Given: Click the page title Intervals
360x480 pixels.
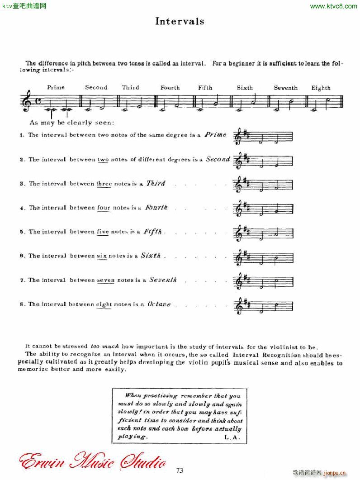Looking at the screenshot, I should point(180,21).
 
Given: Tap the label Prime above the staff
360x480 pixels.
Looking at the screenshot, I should point(56,87).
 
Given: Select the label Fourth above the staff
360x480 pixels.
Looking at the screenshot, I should point(170,88).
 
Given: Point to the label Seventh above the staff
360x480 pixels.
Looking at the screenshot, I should point(286,88).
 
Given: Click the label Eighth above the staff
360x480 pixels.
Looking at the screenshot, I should point(321,88).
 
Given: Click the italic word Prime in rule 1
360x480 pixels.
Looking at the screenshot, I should point(215,134).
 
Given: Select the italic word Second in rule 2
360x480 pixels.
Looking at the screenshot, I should point(218,159).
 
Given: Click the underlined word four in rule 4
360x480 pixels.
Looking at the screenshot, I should point(104,208).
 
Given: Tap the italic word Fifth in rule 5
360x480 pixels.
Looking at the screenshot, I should point(152,232).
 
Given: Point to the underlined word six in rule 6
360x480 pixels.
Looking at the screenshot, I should point(102,256).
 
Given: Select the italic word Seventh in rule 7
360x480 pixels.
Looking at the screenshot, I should point(163,280).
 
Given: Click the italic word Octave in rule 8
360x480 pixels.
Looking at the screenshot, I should point(159,304).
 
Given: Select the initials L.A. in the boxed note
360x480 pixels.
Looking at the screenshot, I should point(233,437).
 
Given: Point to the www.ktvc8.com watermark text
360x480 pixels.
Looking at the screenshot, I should point(334,6).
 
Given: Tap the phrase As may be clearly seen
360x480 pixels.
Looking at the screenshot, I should point(71,123).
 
